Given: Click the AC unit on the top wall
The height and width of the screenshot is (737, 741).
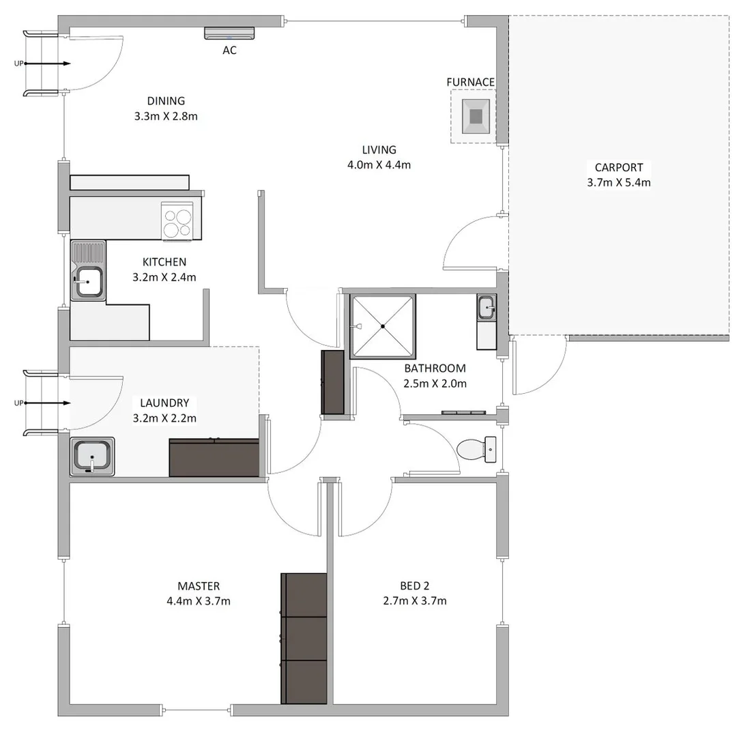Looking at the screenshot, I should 229,33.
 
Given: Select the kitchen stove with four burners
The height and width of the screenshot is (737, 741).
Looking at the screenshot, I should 177,222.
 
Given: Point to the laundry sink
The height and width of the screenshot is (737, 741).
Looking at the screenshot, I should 92,455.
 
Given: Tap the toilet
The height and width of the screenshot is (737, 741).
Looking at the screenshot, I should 474,448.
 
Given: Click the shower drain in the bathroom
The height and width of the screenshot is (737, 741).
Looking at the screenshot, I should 383,326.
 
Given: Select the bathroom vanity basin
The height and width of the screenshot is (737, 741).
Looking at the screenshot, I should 486,308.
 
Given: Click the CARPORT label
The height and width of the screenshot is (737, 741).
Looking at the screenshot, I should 619,167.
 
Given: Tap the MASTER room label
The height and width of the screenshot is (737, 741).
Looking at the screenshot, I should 199,586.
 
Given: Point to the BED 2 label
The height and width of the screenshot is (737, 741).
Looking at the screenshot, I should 415,586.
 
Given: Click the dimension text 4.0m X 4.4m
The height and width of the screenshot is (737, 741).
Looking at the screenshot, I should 379,164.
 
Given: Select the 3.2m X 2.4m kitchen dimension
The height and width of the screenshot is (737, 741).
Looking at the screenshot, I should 164,276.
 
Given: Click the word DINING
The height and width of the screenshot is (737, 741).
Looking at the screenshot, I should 166,101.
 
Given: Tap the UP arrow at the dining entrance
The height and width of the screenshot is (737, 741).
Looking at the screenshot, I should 44,63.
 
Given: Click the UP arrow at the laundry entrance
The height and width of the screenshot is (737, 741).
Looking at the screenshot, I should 44,403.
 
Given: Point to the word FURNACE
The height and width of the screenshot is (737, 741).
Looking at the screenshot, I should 470,82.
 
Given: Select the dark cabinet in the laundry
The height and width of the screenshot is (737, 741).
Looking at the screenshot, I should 214,458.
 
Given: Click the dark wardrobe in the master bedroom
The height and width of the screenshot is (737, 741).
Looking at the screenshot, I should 304,638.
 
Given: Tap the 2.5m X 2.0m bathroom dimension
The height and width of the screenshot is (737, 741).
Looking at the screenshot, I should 435,384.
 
